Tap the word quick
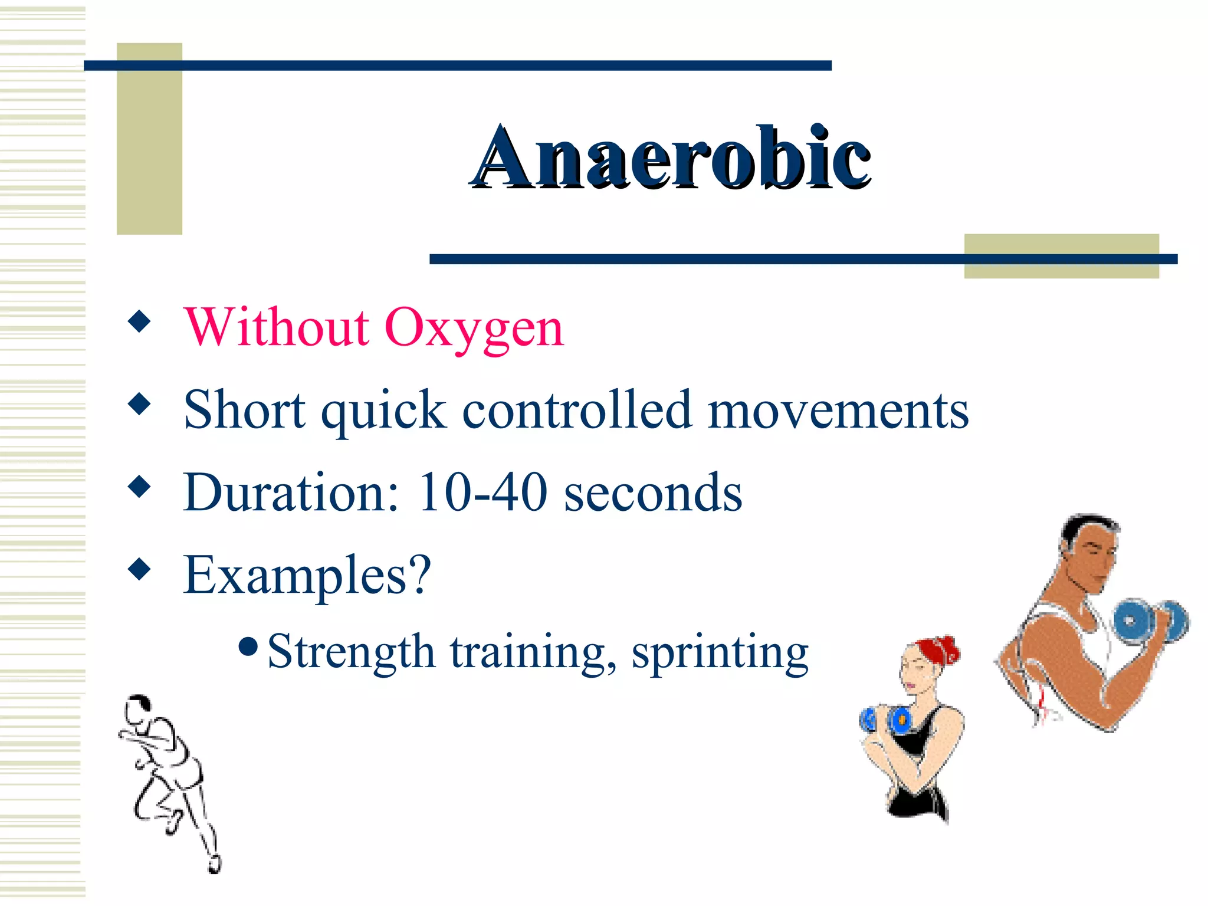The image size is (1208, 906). click(383, 411)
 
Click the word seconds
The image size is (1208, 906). click(653, 494)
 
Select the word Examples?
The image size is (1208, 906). click(307, 576)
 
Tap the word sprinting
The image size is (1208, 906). click(720, 654)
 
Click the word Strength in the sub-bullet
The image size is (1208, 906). click(351, 652)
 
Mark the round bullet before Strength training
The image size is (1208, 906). click(248, 646)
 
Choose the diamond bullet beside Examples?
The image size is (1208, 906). click(139, 570)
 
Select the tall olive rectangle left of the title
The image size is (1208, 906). click(149, 139)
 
